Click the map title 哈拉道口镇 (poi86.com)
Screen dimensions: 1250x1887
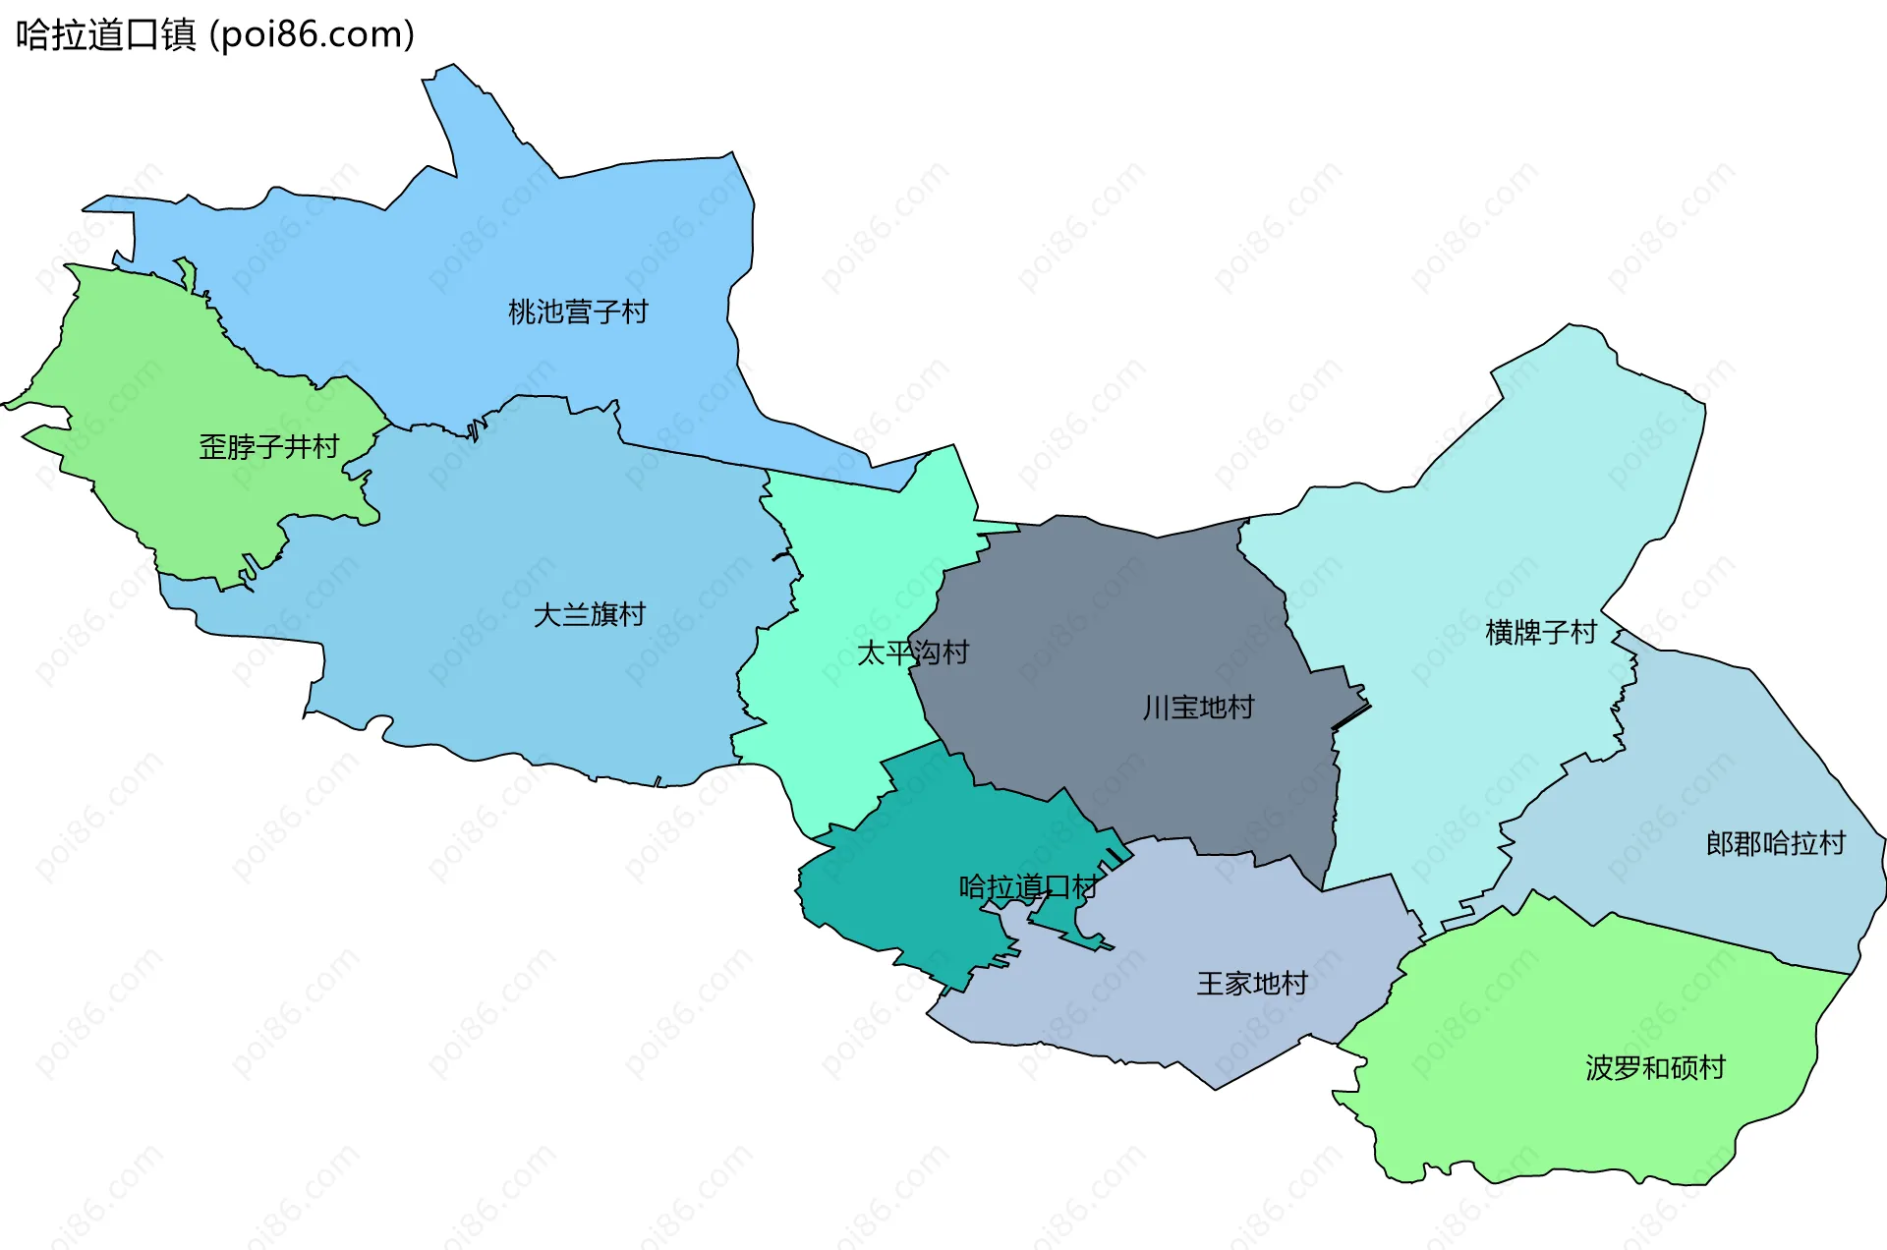(x=214, y=34)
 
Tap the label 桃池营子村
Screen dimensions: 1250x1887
(x=578, y=312)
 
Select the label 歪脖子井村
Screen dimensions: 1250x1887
(x=268, y=446)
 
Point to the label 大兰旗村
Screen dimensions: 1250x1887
(x=589, y=614)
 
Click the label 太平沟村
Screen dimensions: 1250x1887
(x=912, y=652)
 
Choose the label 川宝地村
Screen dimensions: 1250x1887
(x=1198, y=707)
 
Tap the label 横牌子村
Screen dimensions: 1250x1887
(x=1541, y=631)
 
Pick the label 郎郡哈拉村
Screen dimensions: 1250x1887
(x=1775, y=843)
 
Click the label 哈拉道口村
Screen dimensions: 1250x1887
(x=1028, y=886)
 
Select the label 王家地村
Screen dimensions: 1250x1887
(x=1252, y=983)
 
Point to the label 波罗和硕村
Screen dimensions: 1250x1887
(x=1655, y=1067)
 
